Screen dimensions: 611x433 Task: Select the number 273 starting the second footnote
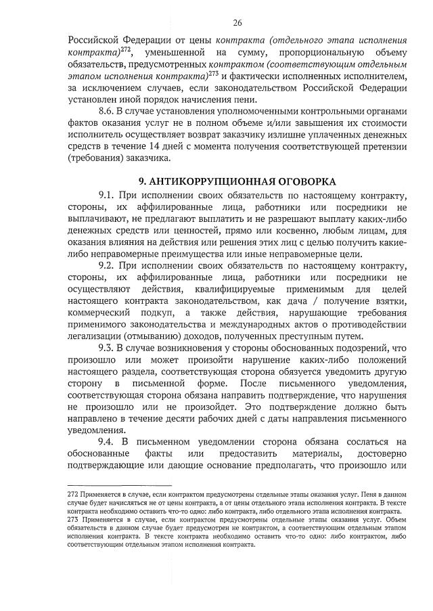pos(74,530)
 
